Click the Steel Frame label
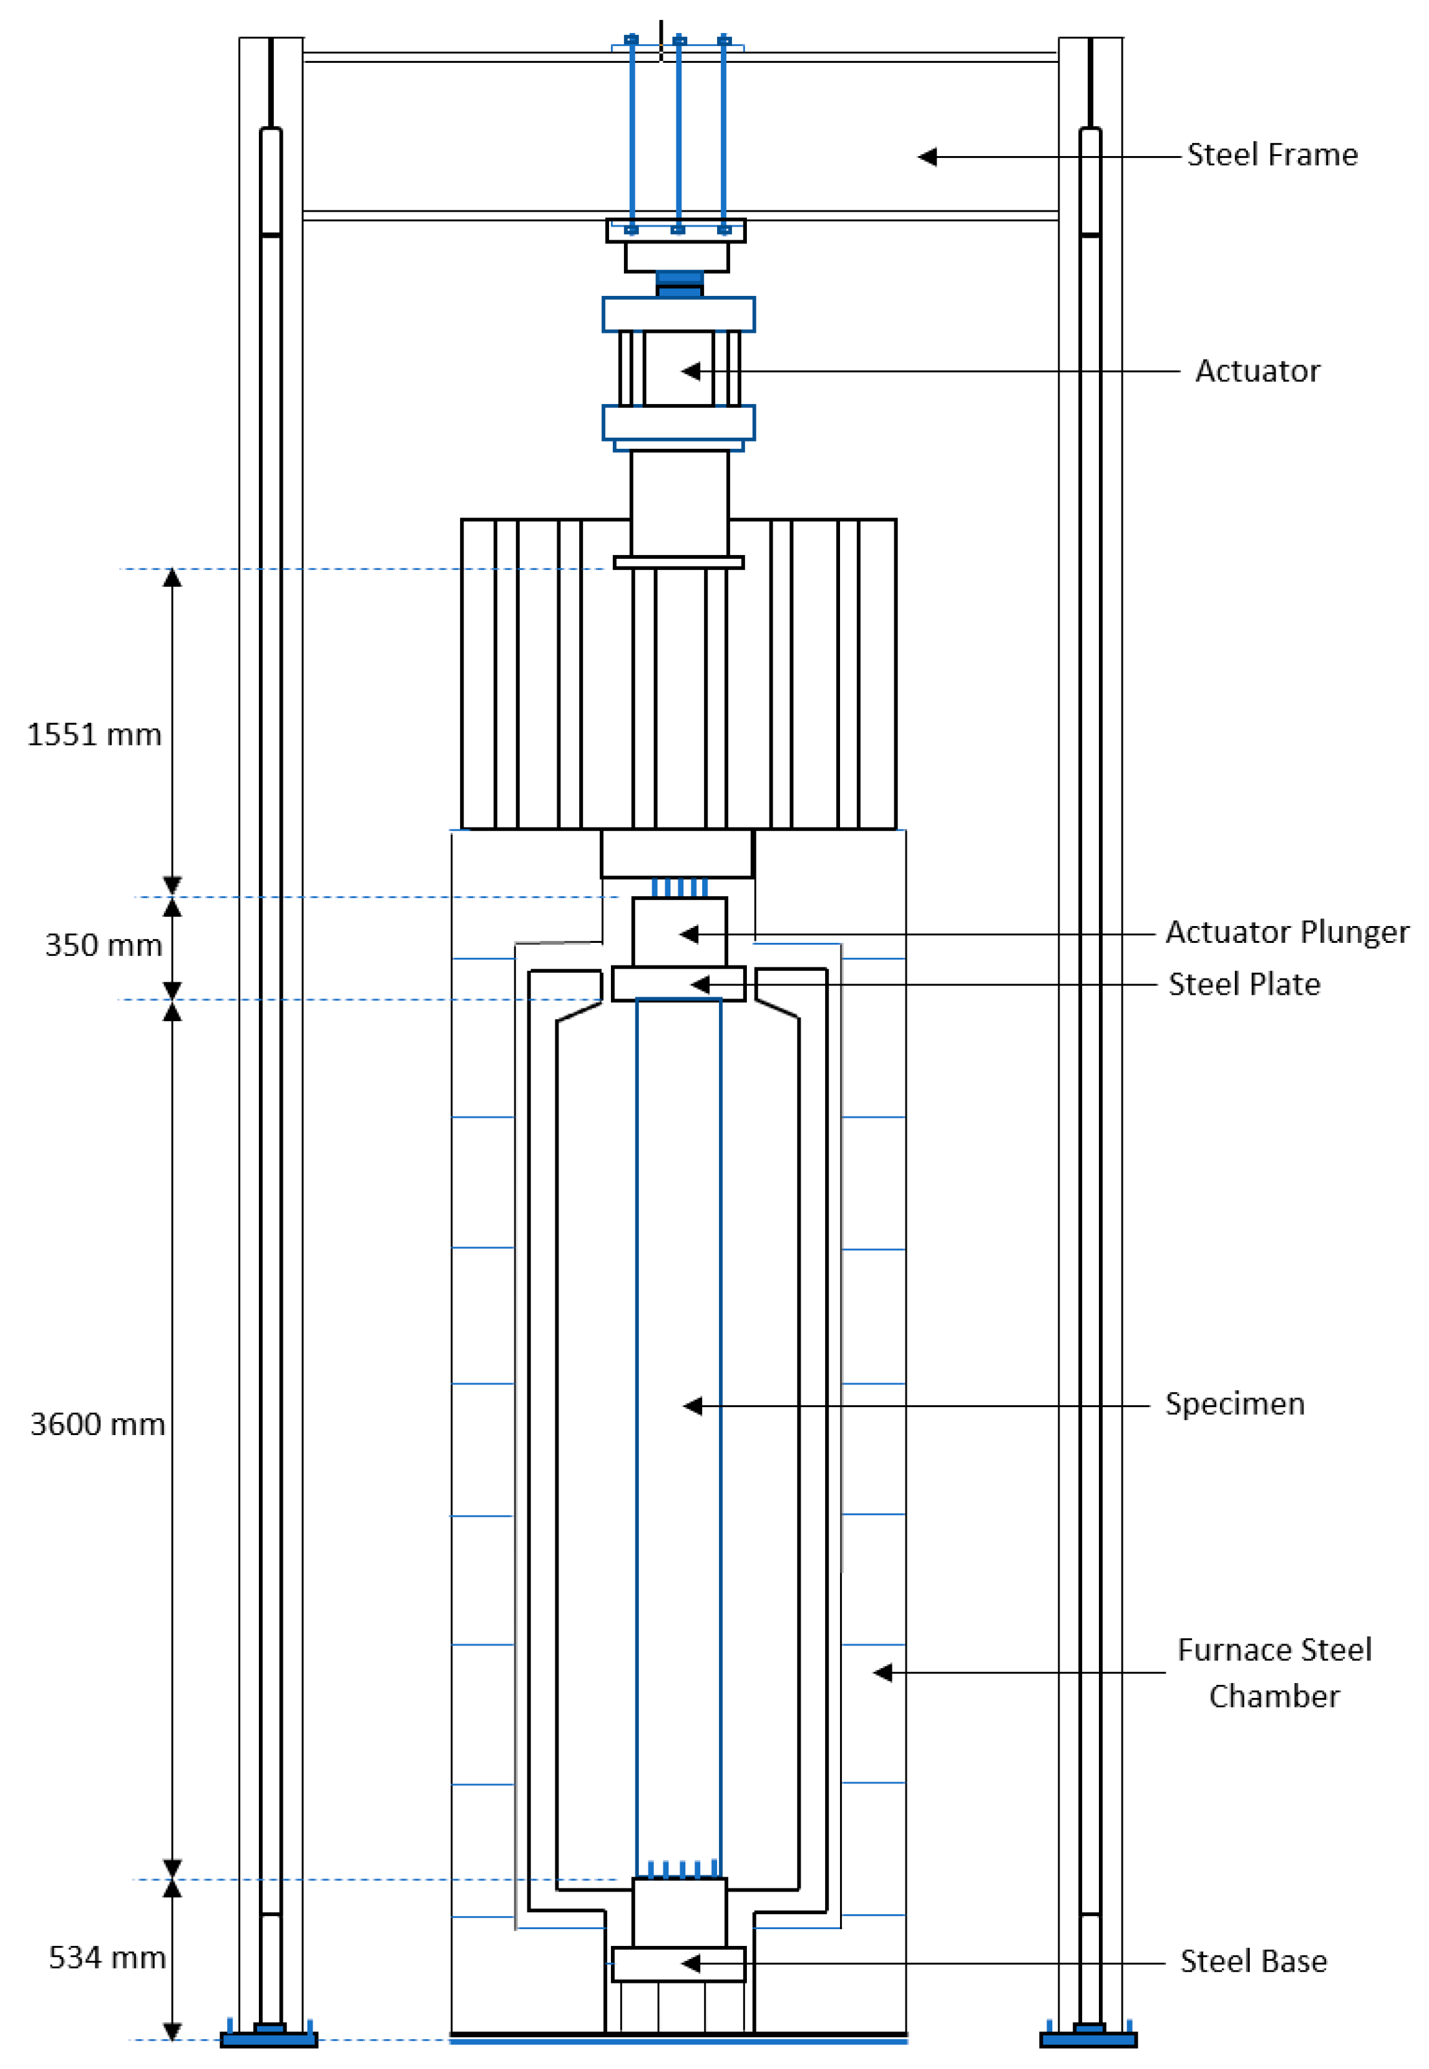click(x=1272, y=155)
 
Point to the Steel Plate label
click(x=1244, y=984)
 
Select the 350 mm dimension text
click(x=103, y=945)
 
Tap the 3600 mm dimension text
click(x=98, y=1424)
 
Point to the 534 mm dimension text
click(x=107, y=1957)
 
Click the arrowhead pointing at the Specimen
click(x=692, y=1406)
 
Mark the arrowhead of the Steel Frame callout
click(x=927, y=157)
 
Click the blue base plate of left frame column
click(x=269, y=2039)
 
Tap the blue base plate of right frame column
click(x=1088, y=2039)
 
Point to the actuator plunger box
click(x=679, y=931)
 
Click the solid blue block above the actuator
click(x=679, y=284)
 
